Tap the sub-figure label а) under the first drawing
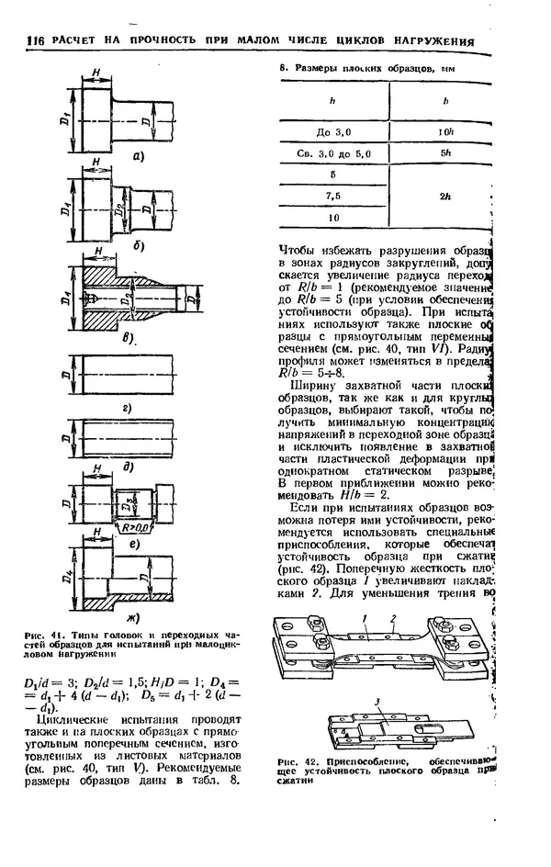click(139, 155)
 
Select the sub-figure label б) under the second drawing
click(138, 246)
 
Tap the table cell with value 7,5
click(333, 196)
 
